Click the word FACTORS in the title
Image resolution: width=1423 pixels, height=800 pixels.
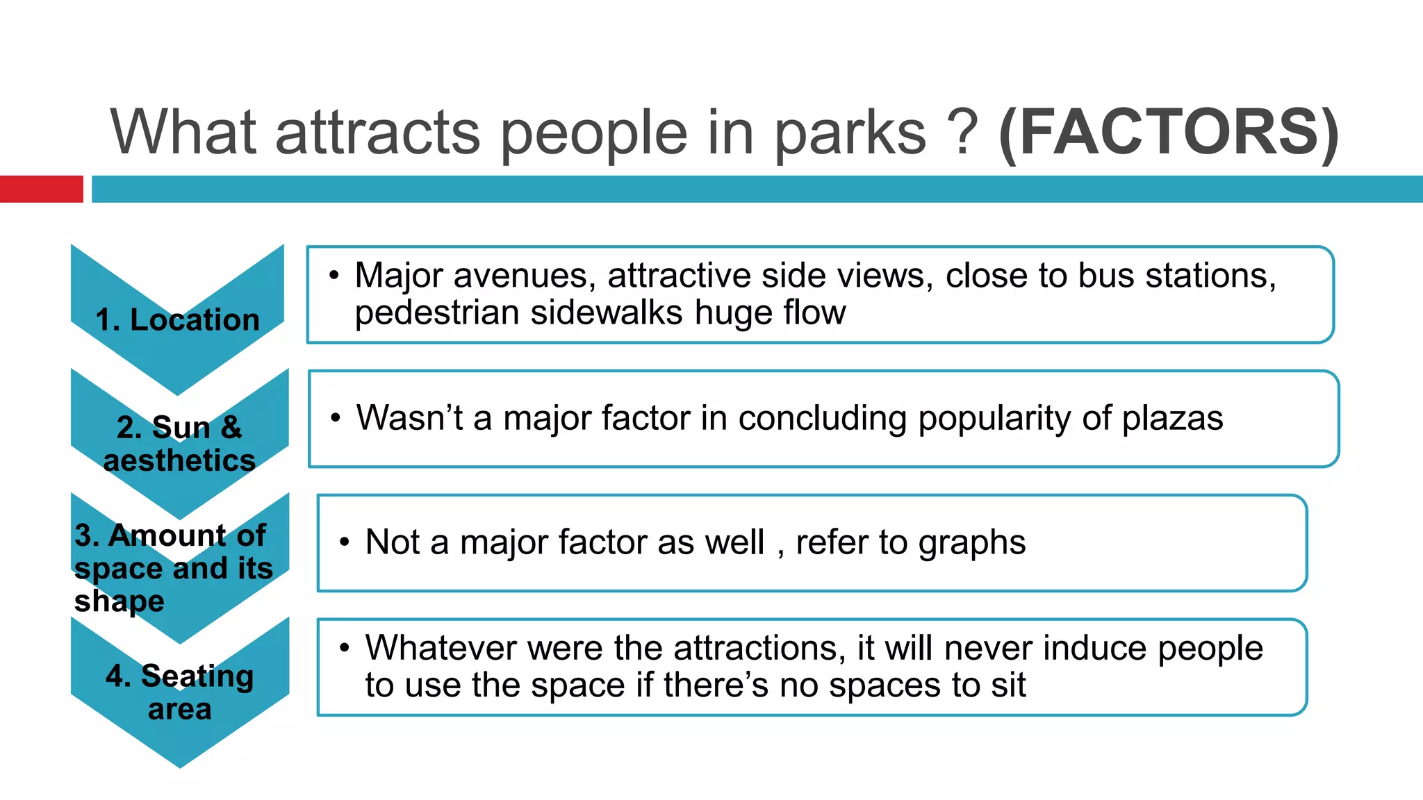point(1168,132)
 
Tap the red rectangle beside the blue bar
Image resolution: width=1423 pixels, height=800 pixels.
point(41,189)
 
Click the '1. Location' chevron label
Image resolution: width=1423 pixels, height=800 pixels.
point(178,320)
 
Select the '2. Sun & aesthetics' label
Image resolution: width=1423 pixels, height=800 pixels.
point(179,444)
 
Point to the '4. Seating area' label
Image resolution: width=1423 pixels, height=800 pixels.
point(179,692)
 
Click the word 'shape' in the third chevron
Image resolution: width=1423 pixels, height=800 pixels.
point(120,601)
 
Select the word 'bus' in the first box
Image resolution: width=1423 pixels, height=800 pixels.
point(1102,276)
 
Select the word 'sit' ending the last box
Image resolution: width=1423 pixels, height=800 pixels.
point(1008,685)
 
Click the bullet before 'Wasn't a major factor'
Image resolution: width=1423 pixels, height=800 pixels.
point(336,418)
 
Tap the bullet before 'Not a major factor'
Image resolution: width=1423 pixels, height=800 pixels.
point(345,542)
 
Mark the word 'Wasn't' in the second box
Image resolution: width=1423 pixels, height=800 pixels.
point(410,418)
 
